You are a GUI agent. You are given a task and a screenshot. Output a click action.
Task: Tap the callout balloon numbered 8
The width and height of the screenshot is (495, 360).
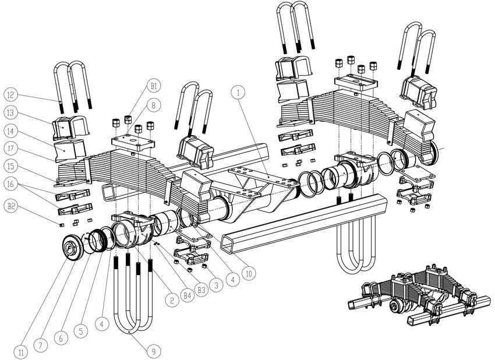click(154, 106)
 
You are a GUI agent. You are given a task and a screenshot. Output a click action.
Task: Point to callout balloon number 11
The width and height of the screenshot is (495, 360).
click(22, 352)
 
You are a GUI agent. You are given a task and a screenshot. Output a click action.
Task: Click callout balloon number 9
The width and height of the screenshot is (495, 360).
click(153, 351)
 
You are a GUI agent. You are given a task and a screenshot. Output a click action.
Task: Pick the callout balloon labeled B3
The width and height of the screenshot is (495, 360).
click(201, 288)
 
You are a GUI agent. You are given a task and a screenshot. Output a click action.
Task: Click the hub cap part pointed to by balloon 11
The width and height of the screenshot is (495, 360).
click(72, 250)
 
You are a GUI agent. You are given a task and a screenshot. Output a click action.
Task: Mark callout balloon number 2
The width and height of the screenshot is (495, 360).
click(170, 301)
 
